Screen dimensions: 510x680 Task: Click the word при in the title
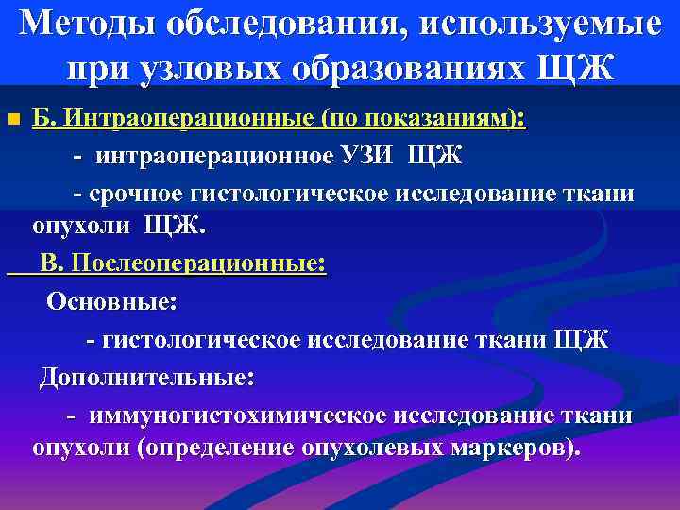coord(92,68)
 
